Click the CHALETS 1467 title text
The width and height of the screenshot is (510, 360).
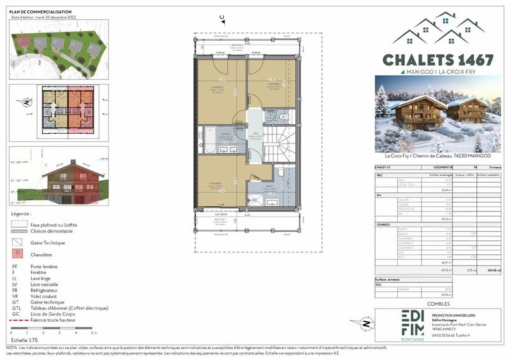pyautogui.click(x=438, y=60)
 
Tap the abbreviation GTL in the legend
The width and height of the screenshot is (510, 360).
pyautogui.click(x=15, y=308)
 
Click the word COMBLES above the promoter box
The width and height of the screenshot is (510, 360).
pyautogui.click(x=437, y=303)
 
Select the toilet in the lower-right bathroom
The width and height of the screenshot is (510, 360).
pyautogui.click(x=280, y=172)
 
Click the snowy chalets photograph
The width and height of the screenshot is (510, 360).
pyautogui.click(x=437, y=114)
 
